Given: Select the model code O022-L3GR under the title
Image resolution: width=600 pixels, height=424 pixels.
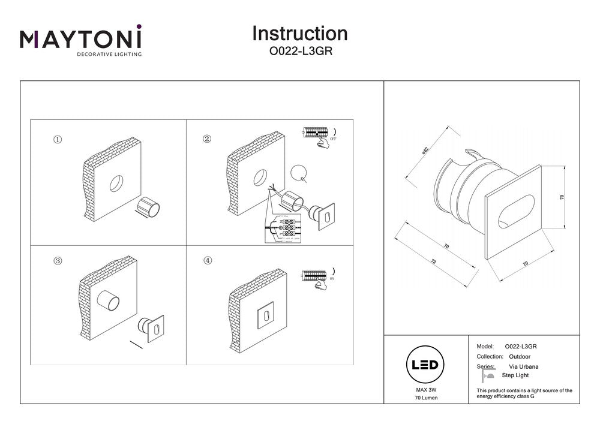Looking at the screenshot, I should [x=299, y=52].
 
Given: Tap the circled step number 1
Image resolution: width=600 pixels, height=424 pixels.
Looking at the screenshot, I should [x=58, y=139].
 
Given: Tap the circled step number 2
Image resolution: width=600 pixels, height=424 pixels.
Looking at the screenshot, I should [x=207, y=139].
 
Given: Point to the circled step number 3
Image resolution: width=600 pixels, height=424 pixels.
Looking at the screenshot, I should [x=58, y=261].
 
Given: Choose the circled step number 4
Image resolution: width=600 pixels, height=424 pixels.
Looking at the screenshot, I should [x=207, y=261].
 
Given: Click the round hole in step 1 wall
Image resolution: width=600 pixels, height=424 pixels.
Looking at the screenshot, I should [x=116, y=184].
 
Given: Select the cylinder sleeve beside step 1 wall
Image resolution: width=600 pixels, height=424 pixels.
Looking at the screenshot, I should [x=148, y=208].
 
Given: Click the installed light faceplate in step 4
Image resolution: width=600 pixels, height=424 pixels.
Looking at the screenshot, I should [x=265, y=313].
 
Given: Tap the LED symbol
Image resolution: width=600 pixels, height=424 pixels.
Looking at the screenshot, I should [x=425, y=365].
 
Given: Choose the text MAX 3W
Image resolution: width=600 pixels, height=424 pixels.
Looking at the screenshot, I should [x=425, y=390].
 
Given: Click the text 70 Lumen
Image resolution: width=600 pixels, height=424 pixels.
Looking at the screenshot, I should [x=425, y=399].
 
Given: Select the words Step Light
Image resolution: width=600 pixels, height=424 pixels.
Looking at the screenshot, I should [x=515, y=375].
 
